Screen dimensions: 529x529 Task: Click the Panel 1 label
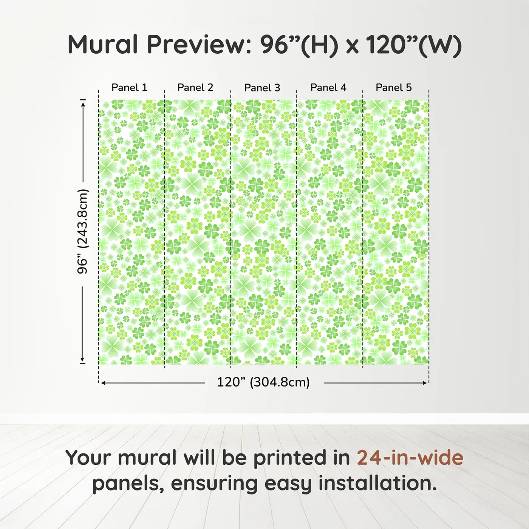click(129, 88)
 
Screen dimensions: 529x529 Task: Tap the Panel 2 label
click(195, 88)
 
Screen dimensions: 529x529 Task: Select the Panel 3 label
click(262, 88)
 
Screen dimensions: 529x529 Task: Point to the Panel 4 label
click(328, 88)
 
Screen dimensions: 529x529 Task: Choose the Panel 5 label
click(394, 88)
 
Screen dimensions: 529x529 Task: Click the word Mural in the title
click(103, 45)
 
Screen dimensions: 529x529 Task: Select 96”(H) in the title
click(299, 45)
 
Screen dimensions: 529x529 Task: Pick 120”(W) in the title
click(413, 45)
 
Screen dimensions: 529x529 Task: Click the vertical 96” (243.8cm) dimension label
click(82, 231)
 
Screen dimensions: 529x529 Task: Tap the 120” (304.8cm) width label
click(263, 382)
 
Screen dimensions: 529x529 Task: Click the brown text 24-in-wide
click(410, 458)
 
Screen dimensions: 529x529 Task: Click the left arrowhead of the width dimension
click(103, 383)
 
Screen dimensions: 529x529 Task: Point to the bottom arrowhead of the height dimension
click(82, 360)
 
